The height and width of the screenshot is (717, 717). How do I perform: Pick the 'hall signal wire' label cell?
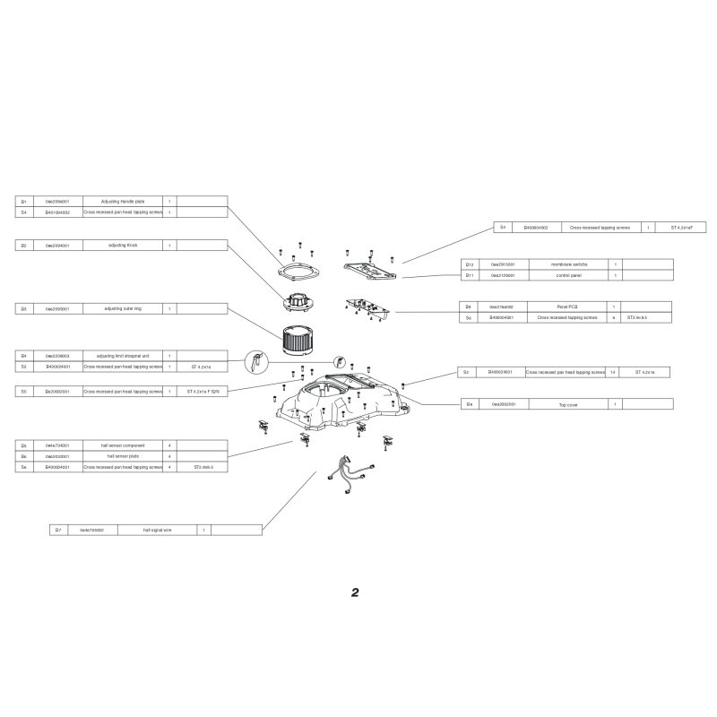pyautogui.click(x=157, y=531)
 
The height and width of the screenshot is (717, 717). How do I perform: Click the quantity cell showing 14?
pyautogui.click(x=613, y=371)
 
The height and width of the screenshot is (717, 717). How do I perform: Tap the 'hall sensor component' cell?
pyautogui.click(x=124, y=445)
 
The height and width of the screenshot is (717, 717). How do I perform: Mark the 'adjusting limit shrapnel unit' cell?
pyautogui.click(x=124, y=356)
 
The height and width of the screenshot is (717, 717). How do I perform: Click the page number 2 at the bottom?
pyautogui.click(x=355, y=593)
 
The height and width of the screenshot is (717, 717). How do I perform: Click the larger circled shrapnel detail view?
pyautogui.click(x=255, y=362)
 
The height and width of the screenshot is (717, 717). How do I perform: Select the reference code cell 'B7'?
pyautogui.click(x=58, y=531)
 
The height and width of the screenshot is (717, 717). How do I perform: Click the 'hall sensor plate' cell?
pyautogui.click(x=124, y=456)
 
